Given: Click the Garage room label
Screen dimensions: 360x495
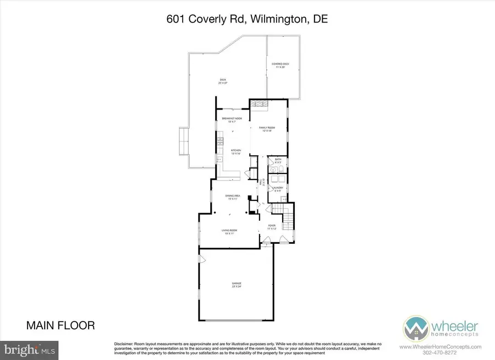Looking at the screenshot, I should point(236,284).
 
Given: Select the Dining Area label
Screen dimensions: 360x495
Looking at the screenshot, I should point(232,197).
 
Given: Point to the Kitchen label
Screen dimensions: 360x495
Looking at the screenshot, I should point(235,151).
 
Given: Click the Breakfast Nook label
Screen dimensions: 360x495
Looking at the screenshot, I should point(232,119).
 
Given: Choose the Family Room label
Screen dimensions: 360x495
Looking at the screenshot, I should point(267,128).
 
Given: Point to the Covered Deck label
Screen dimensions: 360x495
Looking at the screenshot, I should point(280,66).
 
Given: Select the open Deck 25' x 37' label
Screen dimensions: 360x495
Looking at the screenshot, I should point(223,81).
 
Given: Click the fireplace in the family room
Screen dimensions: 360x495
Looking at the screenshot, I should point(258,105).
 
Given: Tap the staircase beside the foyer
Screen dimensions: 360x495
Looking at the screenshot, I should point(287,216).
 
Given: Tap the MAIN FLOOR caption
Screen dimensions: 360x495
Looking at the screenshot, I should point(61,326).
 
